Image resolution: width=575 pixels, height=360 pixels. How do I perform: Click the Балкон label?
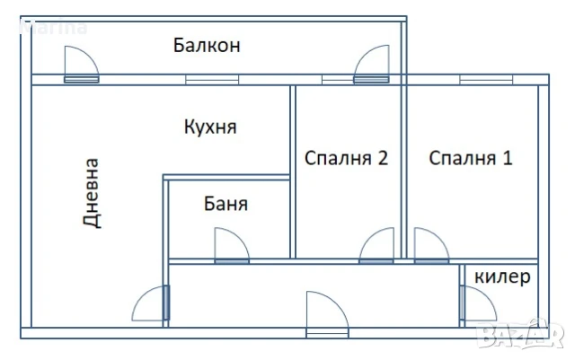click(207, 45)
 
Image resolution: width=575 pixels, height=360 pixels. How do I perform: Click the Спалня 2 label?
click(346, 159)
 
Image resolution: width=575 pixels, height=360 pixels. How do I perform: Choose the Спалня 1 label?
click(470, 159)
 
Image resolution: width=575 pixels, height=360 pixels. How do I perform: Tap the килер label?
click(501, 276)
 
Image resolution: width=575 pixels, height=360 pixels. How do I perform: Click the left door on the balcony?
click(80, 66)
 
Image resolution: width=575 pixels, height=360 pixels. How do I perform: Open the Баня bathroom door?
click(231, 247)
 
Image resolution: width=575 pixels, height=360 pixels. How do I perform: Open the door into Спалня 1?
click(430, 247)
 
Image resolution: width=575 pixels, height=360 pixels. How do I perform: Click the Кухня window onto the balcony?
click(212, 79)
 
